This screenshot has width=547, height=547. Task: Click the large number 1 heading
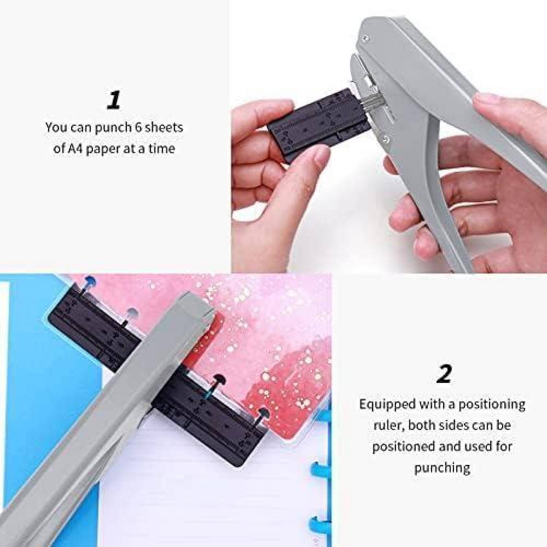(x=114, y=100)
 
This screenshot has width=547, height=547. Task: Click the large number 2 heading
(x=444, y=374)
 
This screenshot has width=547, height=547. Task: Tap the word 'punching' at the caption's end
(x=442, y=468)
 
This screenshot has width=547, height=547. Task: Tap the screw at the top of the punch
(x=366, y=37)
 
